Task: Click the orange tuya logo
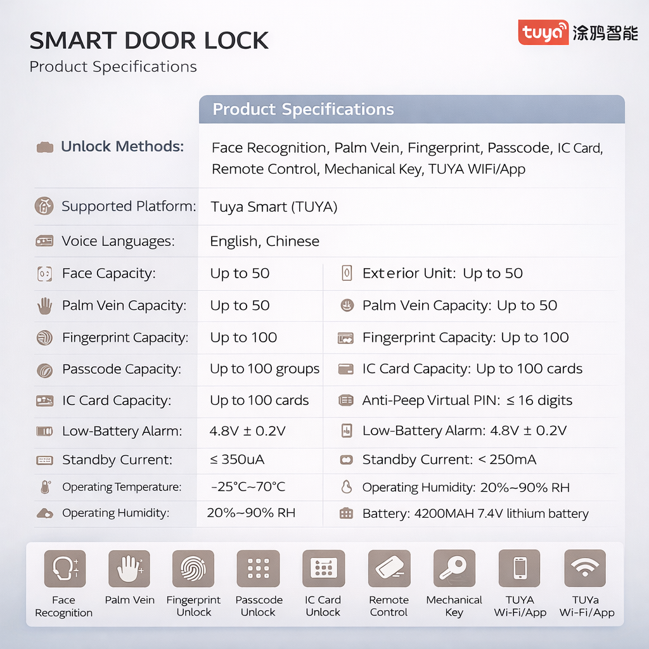(543, 32)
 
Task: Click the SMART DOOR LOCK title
(149, 41)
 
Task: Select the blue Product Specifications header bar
(412, 109)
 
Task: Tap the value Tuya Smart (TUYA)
(274, 207)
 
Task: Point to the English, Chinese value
(264, 241)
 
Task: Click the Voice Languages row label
(118, 241)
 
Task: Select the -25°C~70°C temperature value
(248, 487)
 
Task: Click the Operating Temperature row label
(122, 487)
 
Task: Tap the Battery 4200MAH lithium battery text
(475, 513)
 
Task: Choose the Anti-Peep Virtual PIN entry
(467, 401)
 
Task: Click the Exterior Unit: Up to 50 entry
(442, 274)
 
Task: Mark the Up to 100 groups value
(264, 369)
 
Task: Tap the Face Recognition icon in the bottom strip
(64, 569)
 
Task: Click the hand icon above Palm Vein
(129, 569)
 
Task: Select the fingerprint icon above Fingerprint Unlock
(194, 569)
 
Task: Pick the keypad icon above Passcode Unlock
(259, 569)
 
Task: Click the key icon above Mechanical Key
(454, 569)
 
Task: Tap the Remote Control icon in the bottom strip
(389, 569)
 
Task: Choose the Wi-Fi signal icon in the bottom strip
(584, 569)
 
